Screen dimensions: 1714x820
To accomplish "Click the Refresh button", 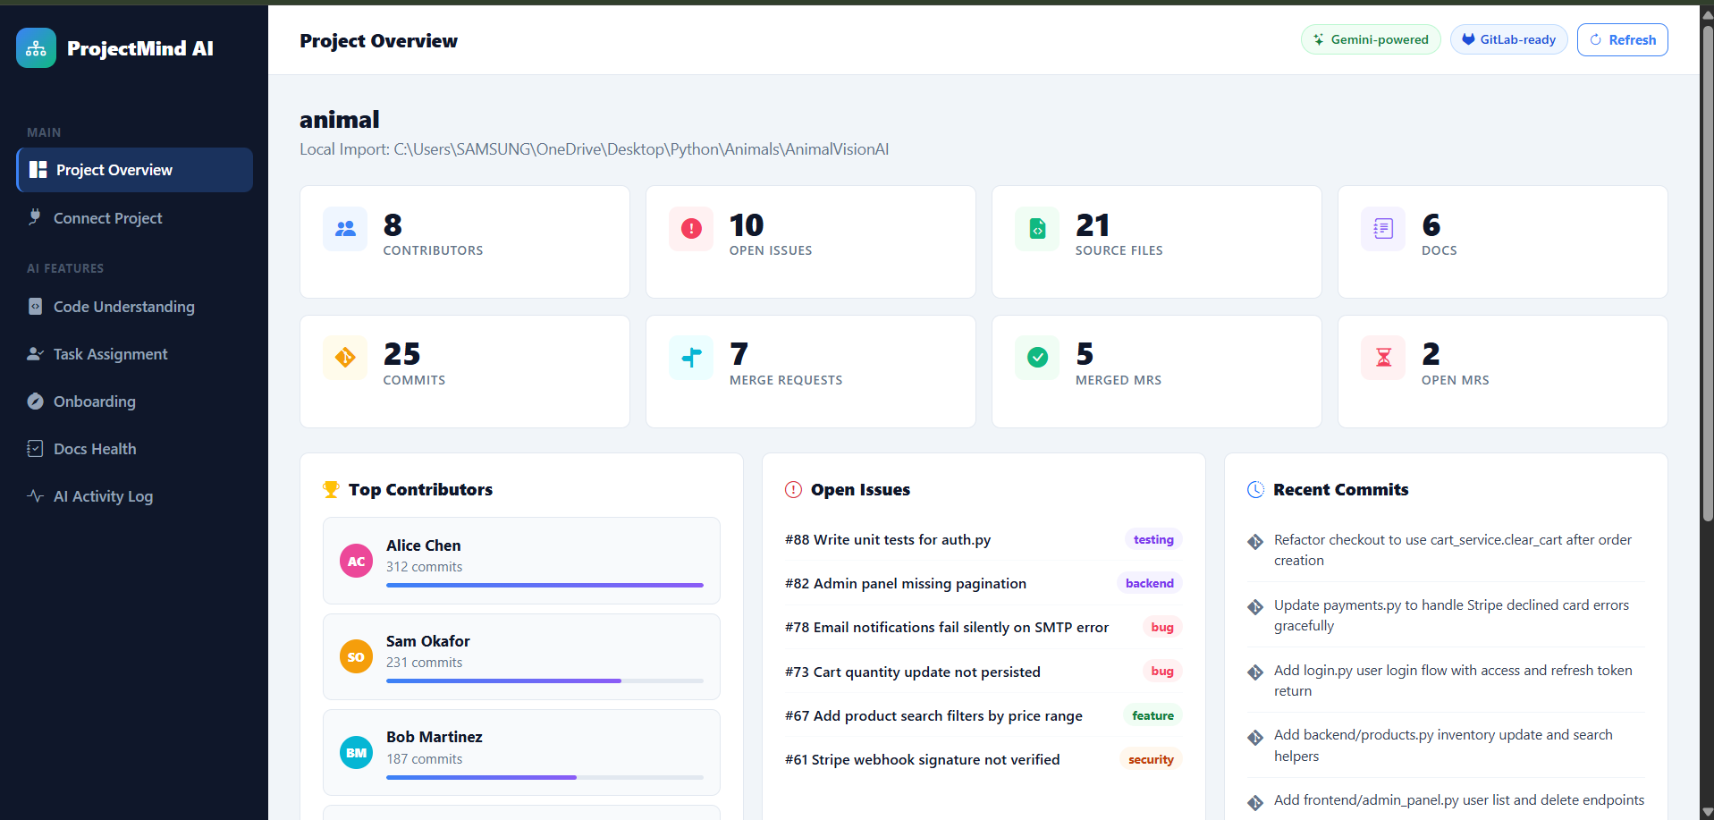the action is (1622, 40).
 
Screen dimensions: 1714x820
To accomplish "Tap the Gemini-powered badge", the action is (1371, 40).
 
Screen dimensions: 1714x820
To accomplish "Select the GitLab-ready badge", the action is (1508, 40).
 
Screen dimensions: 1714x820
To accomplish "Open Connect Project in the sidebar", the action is (107, 218).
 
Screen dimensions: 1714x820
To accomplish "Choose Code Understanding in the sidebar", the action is (123, 307).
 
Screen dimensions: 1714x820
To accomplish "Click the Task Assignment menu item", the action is (110, 354).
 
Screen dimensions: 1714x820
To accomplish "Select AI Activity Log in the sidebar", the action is (103, 496).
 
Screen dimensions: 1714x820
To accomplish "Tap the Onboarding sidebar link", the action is (94, 402).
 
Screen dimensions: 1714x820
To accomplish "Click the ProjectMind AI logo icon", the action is (36, 48).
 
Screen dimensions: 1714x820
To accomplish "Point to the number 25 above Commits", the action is (401, 354).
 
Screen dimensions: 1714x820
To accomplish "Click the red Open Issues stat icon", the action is (691, 229).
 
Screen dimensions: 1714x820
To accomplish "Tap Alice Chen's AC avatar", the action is (356, 562).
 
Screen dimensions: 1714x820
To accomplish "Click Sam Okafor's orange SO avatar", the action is (356, 657).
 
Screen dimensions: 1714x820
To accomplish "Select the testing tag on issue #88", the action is (1153, 539).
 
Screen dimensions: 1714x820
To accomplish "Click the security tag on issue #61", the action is (1151, 759).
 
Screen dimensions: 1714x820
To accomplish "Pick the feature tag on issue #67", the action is (1153, 715).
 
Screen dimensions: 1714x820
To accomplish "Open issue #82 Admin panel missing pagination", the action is (905, 584).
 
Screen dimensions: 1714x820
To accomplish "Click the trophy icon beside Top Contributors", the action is (331, 489).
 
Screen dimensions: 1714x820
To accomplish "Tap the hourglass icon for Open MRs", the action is (1383, 358).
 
